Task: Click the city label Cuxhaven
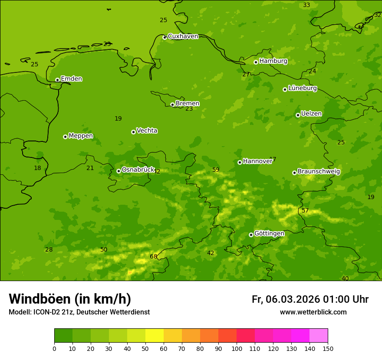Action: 183,36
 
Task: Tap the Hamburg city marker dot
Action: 256,62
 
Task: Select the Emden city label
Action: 71,79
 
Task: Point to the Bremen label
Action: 187,104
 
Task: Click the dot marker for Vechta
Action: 133,132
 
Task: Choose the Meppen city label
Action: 80,136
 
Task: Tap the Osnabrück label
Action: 138,170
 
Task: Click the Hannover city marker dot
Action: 240,162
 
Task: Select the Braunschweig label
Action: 319,172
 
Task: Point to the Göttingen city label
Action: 269,234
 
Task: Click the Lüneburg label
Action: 302,88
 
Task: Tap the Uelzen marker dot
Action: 298,115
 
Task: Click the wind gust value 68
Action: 154,257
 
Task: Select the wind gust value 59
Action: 216,170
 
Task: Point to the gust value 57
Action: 305,211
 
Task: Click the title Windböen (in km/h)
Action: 70,299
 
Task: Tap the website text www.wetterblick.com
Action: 313,312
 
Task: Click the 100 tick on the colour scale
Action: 237,348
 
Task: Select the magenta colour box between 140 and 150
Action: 319,336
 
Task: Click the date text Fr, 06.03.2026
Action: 286,299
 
